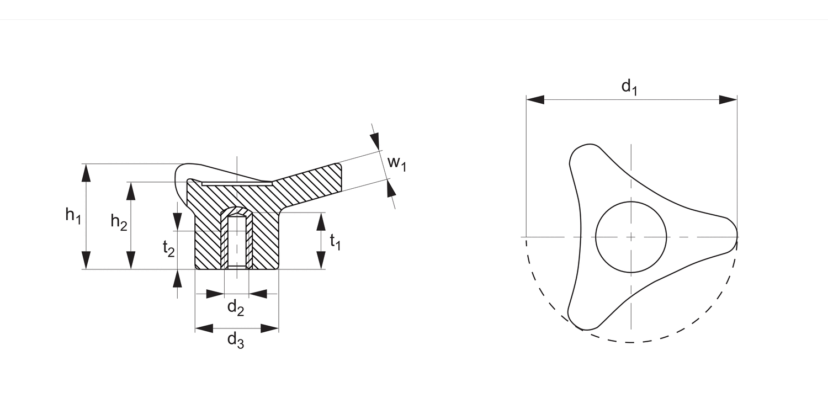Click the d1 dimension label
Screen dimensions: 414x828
pyautogui.click(x=629, y=87)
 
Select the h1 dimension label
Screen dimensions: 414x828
pyautogui.click(x=73, y=215)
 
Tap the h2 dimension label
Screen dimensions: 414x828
pyautogui.click(x=118, y=221)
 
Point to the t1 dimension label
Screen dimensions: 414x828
pyautogui.click(x=335, y=241)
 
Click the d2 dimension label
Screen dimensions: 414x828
pyautogui.click(x=236, y=307)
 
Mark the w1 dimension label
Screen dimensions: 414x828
pyautogui.click(x=396, y=163)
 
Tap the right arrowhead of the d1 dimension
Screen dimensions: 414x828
pyautogui.click(x=728, y=100)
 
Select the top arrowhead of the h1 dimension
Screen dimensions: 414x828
pyautogui.click(x=86, y=173)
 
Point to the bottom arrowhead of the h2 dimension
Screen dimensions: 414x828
pyautogui.click(x=131, y=260)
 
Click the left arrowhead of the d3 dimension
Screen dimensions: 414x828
pyautogui.click(x=204, y=328)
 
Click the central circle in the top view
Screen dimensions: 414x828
pyautogui.click(x=631, y=237)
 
